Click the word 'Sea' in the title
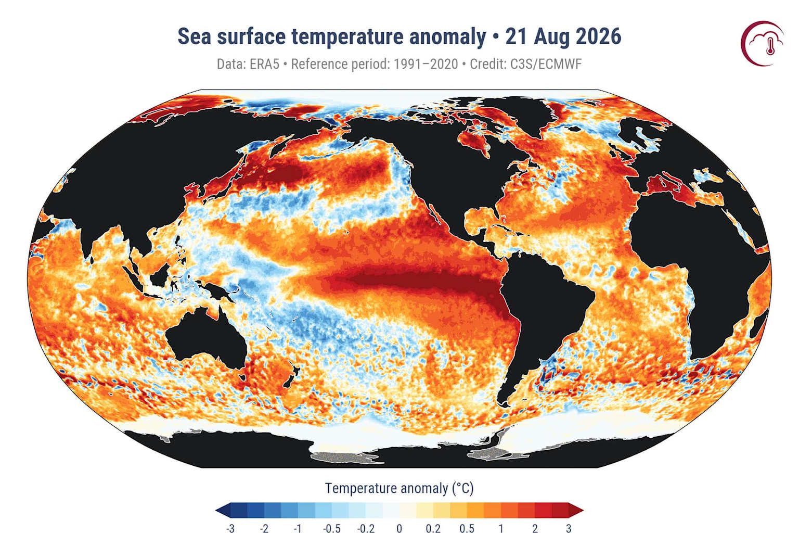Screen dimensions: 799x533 [x=195, y=36]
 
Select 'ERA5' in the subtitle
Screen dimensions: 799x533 [x=264, y=64]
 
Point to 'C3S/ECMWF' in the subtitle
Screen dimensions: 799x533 [x=545, y=64]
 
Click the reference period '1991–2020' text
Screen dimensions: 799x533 [x=426, y=64]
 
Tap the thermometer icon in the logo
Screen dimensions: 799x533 [x=771, y=45]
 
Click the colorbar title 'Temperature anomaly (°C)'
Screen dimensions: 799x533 [x=399, y=488]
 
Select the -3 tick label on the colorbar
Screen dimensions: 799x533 [x=230, y=528]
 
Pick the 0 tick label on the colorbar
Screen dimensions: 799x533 [x=399, y=528]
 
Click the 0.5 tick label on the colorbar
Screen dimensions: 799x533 [x=467, y=528]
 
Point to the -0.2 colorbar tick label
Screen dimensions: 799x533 [x=366, y=528]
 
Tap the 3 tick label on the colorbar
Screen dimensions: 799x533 [x=569, y=528]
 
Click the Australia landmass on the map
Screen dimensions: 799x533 [x=207, y=339]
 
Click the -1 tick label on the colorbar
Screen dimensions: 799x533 [x=298, y=528]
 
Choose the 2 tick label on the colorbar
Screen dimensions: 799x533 [x=535, y=528]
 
